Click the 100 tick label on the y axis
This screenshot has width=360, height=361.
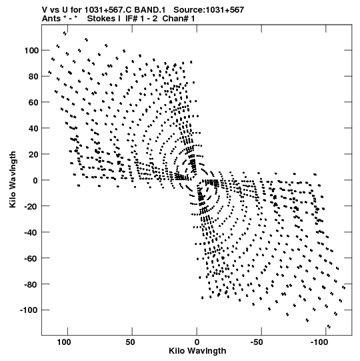pos(31,50)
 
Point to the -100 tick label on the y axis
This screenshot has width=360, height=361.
pos(29,310)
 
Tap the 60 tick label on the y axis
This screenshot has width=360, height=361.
pos(33,102)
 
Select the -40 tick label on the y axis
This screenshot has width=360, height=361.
pos(31,232)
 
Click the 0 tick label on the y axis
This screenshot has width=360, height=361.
pos(35,180)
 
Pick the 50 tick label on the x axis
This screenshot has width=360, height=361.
pos(130,342)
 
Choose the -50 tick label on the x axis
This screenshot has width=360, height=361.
pos(256,342)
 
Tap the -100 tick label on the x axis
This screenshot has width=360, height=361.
pos(319,342)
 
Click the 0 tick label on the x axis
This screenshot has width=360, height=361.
pos(197,342)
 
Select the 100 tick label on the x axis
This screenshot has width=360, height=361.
pos(64,342)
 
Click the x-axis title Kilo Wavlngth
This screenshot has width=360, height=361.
pos(197,351)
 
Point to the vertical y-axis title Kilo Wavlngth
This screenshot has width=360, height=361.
pos(13,179)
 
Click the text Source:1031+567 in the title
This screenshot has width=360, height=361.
pos(209,10)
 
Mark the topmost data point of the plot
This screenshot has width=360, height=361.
pos(65,33)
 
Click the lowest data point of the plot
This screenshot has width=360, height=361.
pos(329,326)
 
